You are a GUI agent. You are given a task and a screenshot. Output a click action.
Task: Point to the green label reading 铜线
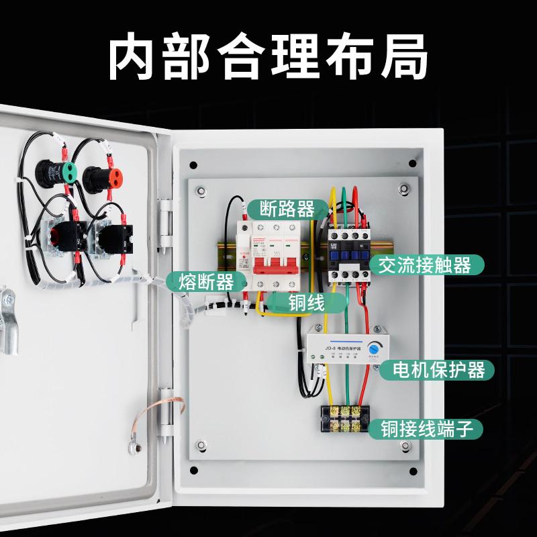306,303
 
